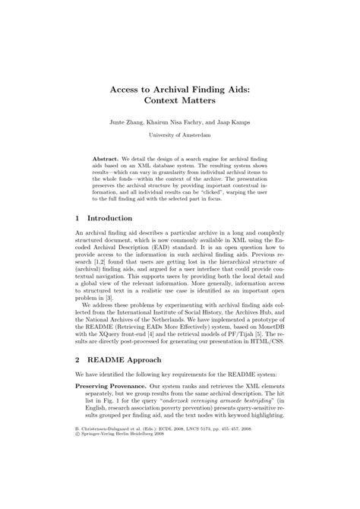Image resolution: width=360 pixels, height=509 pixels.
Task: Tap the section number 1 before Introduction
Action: pyautogui.click(x=78, y=218)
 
